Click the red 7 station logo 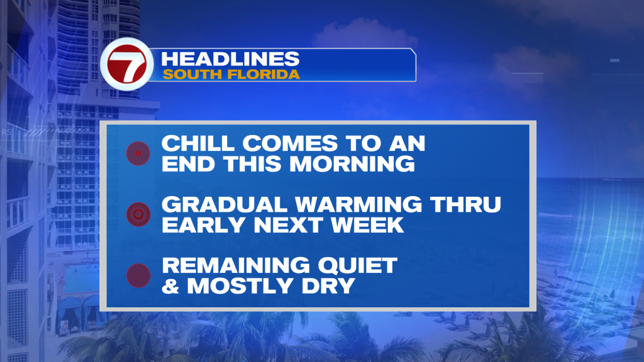click(126, 64)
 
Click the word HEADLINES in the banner click(230, 59)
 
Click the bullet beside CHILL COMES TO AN click(138, 153)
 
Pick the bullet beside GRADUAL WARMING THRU click(138, 214)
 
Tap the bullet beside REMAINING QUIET click(138, 275)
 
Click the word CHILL click(198, 144)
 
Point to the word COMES click(290, 144)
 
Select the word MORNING click(352, 164)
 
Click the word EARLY click(203, 225)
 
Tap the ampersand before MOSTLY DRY click(170, 286)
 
